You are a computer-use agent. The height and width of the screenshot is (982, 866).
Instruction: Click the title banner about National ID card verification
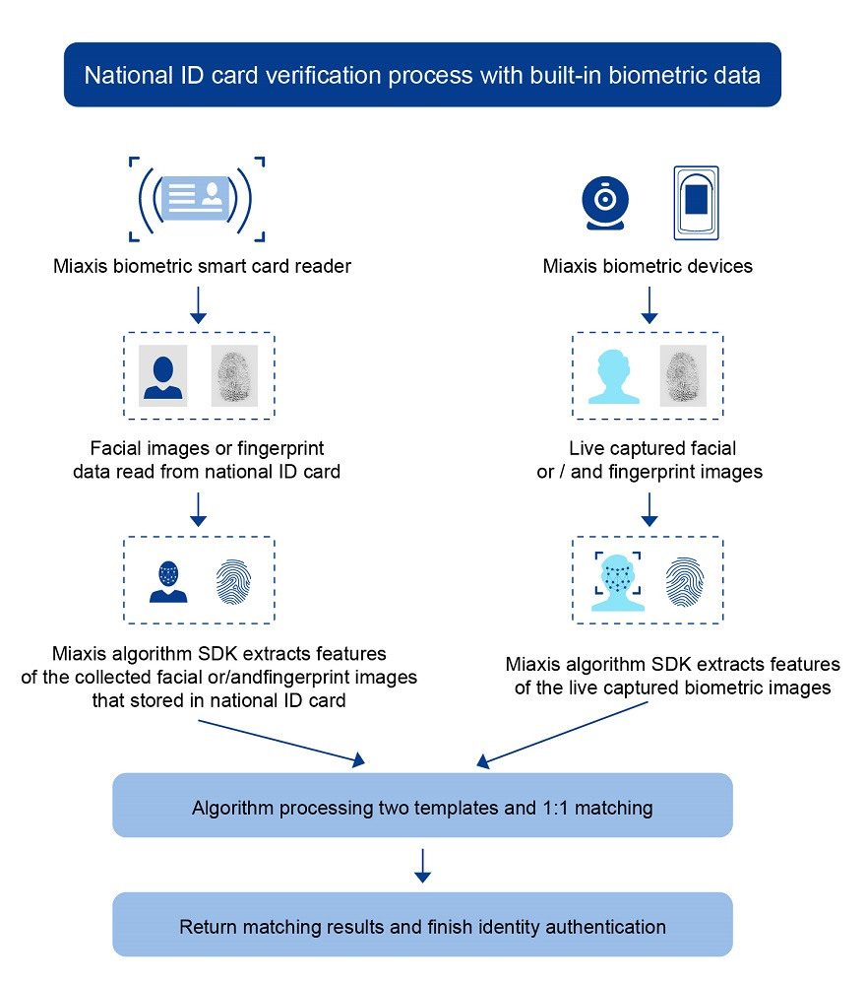[x=422, y=75]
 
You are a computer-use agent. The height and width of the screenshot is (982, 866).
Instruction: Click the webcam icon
[x=605, y=200]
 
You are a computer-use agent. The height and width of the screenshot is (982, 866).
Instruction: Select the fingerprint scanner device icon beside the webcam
[x=697, y=202]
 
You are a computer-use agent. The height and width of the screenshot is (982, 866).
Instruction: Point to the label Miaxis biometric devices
[x=649, y=266]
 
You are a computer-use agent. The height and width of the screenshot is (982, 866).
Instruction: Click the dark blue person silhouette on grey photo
[x=163, y=374]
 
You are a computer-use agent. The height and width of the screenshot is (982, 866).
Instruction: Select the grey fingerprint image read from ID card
[x=234, y=374]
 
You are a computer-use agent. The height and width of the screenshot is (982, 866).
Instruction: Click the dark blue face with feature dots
[x=167, y=580]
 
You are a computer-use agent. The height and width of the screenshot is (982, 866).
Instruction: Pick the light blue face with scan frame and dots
[x=617, y=580]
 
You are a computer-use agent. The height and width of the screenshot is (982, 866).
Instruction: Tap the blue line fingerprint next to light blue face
[x=685, y=580]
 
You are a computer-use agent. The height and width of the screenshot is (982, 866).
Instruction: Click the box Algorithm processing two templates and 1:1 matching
[x=422, y=807]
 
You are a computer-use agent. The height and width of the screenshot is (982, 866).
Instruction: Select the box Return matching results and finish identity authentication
[x=422, y=925]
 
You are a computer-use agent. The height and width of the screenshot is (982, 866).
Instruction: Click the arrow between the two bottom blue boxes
[x=422, y=864]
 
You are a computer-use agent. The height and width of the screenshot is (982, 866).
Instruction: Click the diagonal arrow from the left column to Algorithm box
[x=280, y=740]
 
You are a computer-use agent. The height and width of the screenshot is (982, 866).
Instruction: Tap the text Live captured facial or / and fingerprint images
[x=649, y=460]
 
